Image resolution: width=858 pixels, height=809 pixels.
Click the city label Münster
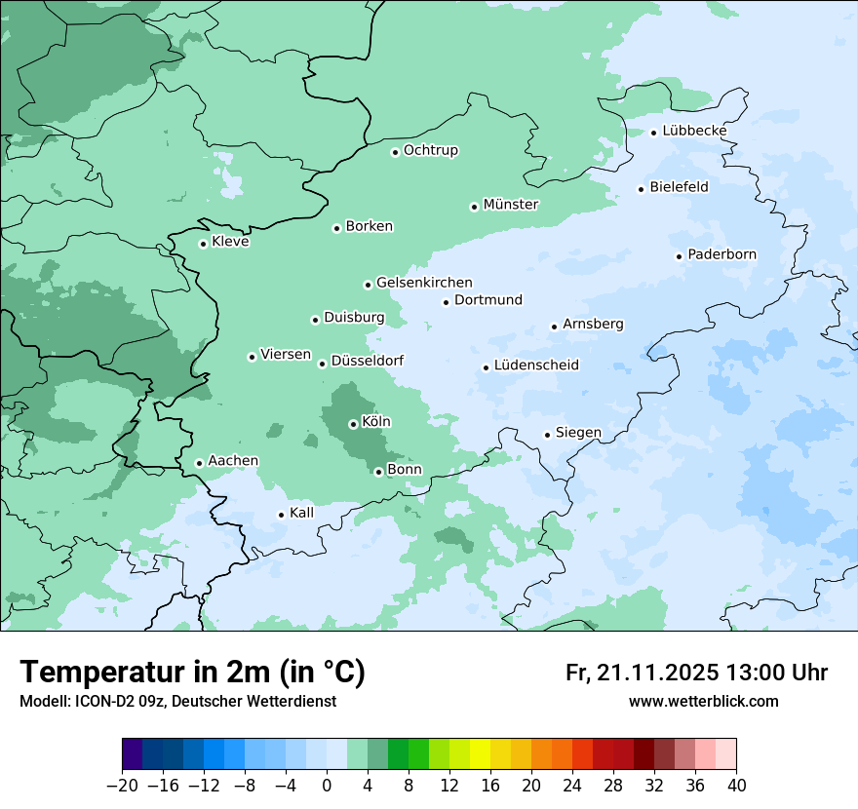(x=511, y=205)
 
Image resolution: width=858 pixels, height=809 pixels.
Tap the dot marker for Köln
(x=353, y=424)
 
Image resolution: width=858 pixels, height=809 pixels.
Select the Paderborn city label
(x=721, y=255)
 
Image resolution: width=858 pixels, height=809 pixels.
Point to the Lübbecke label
(x=694, y=131)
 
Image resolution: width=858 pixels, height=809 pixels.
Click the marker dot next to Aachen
(x=199, y=464)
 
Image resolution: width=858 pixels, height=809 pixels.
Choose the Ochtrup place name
(x=431, y=151)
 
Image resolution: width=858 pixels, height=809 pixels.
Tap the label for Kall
(x=302, y=513)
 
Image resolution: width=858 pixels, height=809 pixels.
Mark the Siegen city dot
(x=547, y=435)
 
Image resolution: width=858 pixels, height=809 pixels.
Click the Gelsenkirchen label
(x=424, y=283)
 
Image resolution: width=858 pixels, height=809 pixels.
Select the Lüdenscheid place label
(x=536, y=366)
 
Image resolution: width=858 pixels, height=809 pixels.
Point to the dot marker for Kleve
(x=203, y=244)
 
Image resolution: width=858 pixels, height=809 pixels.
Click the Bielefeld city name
(x=679, y=186)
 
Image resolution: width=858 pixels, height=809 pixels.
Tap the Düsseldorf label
(x=368, y=361)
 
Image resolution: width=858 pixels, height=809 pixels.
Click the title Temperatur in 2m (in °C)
(x=192, y=672)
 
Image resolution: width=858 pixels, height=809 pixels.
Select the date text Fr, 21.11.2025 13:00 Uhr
(x=696, y=673)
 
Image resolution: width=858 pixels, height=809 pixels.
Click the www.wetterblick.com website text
(x=703, y=701)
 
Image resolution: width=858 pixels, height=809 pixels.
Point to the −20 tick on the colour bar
(x=122, y=785)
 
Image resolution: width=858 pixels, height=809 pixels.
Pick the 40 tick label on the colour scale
(x=736, y=785)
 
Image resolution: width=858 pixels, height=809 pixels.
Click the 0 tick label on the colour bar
(x=327, y=785)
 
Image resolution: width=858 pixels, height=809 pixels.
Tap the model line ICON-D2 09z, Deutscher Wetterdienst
(x=177, y=701)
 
